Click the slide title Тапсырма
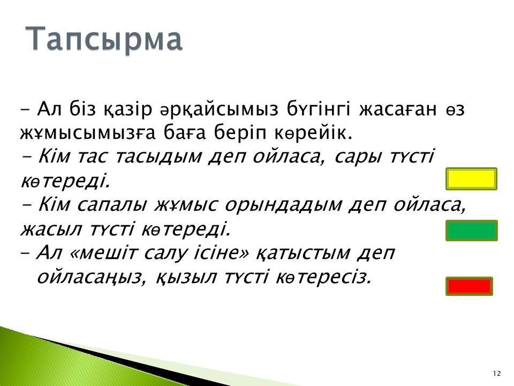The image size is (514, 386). coord(103,39)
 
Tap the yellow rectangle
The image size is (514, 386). coord(471,179)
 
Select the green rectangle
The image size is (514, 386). coord(471,231)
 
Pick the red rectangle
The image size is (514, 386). coord(469,286)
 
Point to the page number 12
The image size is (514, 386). coord(497,373)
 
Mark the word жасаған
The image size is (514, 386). coord(398,109)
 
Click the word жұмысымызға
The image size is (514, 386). coord(87,133)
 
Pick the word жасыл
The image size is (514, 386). coord(51,229)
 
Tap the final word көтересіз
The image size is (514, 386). coord(324,277)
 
